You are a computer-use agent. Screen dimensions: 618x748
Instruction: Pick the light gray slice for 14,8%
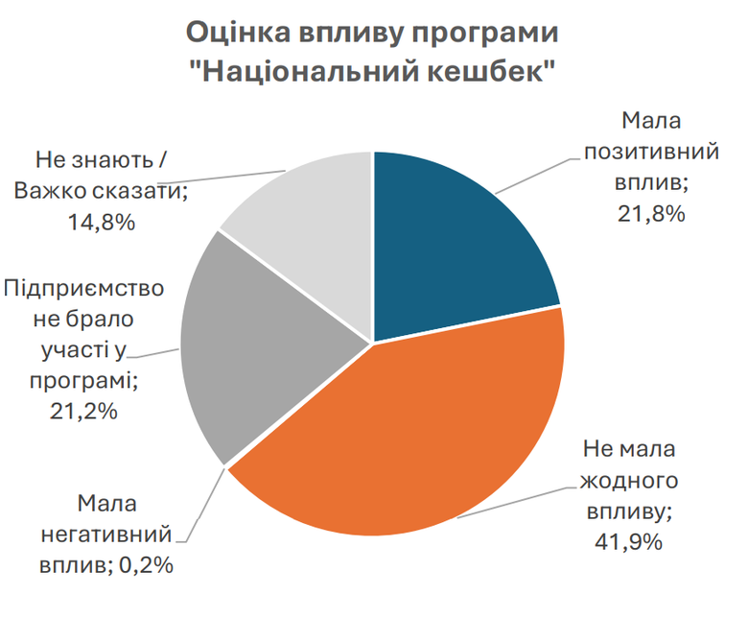(307, 211)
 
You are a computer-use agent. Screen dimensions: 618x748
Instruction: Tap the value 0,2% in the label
(144, 565)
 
